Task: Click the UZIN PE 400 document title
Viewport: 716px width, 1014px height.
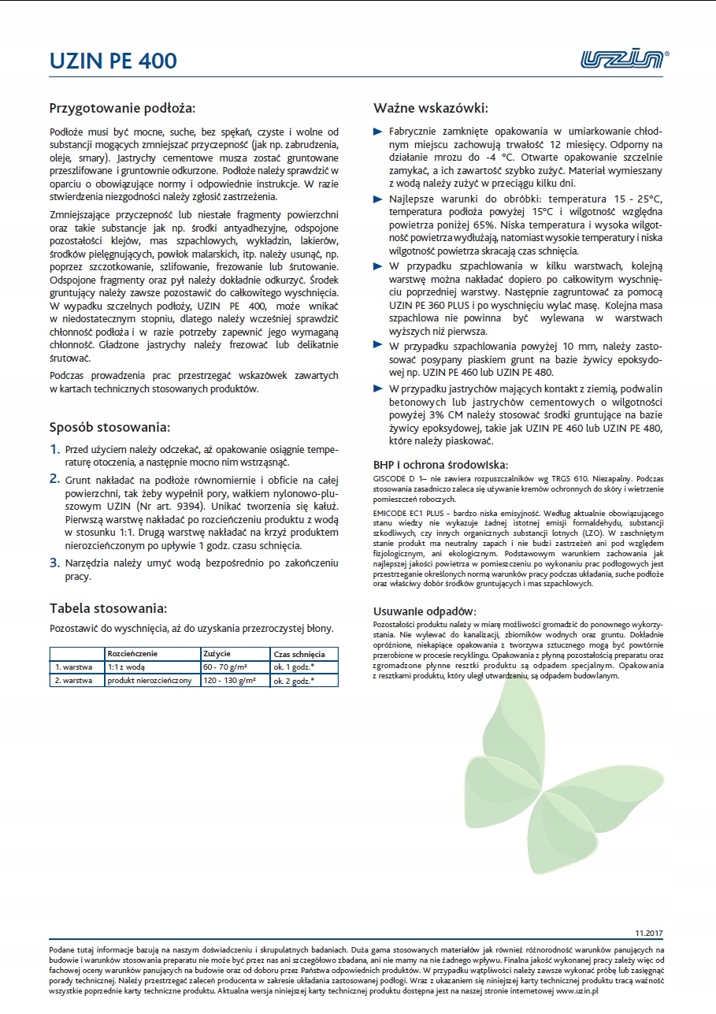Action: point(113,61)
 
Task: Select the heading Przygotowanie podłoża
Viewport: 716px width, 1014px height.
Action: point(122,107)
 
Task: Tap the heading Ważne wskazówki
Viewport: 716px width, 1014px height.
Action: point(430,107)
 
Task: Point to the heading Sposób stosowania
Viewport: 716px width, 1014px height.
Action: point(109,428)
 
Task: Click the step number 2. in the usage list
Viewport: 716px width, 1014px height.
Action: point(55,478)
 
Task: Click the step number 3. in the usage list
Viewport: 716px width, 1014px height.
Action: point(55,563)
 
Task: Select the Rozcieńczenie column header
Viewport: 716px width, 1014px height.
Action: point(133,654)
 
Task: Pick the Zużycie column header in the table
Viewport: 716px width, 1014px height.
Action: point(217,654)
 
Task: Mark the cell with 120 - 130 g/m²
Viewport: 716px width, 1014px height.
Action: point(229,680)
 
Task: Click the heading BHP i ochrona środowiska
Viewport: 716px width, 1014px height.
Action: point(440,464)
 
